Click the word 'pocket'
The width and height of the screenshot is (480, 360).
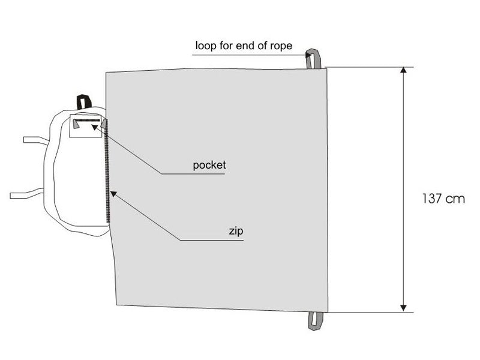209,165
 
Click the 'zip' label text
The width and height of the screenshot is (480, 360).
235,230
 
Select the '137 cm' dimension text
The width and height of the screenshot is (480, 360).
443,199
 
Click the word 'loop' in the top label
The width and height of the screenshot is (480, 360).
205,46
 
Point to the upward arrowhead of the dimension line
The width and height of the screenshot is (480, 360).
403,71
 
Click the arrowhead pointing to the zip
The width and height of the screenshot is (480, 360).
113,194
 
